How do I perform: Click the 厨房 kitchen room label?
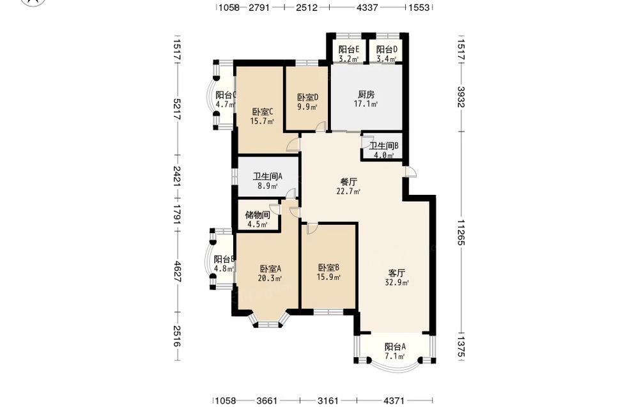(x=366, y=95)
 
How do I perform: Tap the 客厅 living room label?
(x=397, y=273)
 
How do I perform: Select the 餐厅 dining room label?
(x=349, y=182)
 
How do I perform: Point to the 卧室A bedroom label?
(x=270, y=269)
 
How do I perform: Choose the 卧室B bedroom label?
(x=328, y=268)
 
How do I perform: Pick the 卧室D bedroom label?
(x=307, y=98)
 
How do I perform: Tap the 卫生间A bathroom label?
(x=267, y=176)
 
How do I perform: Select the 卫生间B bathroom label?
(x=384, y=146)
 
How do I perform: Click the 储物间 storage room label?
(x=257, y=215)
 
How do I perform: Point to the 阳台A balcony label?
(x=396, y=347)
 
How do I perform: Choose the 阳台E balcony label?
(x=349, y=50)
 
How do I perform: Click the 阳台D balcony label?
(x=387, y=50)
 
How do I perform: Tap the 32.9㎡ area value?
(x=397, y=282)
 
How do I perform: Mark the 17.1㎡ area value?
(x=366, y=104)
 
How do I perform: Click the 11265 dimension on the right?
(x=461, y=233)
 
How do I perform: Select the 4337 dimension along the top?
(x=367, y=7)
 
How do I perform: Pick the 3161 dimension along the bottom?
(x=328, y=401)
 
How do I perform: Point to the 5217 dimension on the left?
(x=177, y=109)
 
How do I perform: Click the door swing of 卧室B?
(x=312, y=229)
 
